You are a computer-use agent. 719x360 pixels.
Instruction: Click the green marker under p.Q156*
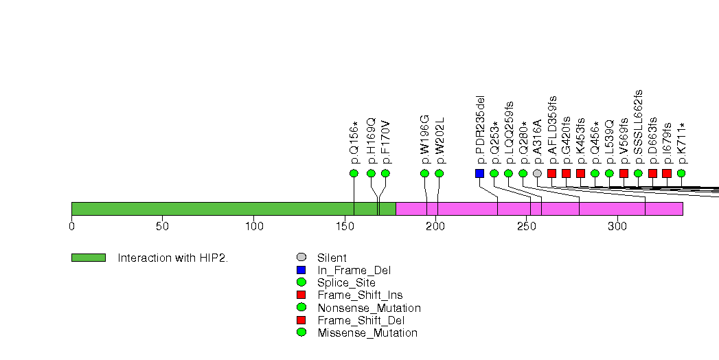[354, 173]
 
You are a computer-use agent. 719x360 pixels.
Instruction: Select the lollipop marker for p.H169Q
[371, 173]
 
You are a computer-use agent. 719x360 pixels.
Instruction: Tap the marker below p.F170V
[385, 173]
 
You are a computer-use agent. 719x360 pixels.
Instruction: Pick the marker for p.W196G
[424, 173]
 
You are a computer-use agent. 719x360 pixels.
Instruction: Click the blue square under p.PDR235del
[479, 173]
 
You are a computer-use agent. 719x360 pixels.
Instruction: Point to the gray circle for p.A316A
[537, 173]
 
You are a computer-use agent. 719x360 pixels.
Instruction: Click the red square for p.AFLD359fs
[551, 173]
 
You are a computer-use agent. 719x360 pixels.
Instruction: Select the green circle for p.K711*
[681, 173]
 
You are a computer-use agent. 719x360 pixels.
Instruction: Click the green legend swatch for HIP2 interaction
[89, 258]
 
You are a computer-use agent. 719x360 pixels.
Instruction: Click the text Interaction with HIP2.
[172, 258]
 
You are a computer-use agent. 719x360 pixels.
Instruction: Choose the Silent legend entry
[332, 258]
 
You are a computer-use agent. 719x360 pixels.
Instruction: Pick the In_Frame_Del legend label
[354, 271]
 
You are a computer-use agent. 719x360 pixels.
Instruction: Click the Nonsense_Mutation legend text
[369, 308]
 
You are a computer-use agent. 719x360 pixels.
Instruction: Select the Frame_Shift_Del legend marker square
[301, 320]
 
